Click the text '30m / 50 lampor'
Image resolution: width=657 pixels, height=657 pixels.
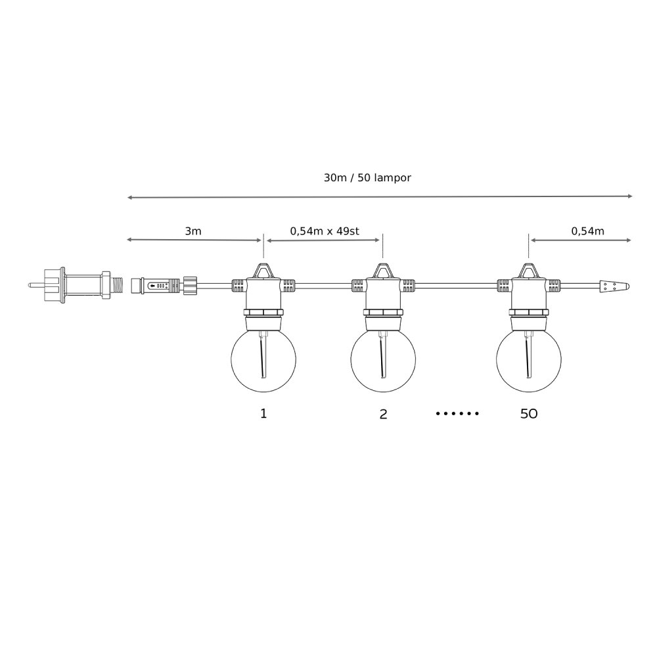click(367, 177)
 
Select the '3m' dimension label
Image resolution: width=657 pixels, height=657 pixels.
click(193, 231)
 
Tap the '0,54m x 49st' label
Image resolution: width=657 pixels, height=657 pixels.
click(325, 231)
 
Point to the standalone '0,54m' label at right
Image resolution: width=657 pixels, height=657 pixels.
click(587, 231)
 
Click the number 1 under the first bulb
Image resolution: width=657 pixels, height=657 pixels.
click(263, 413)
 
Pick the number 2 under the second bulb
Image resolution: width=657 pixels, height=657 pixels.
click(383, 414)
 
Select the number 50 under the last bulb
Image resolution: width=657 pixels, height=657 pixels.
click(529, 414)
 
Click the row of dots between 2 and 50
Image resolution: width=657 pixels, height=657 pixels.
click(457, 413)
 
